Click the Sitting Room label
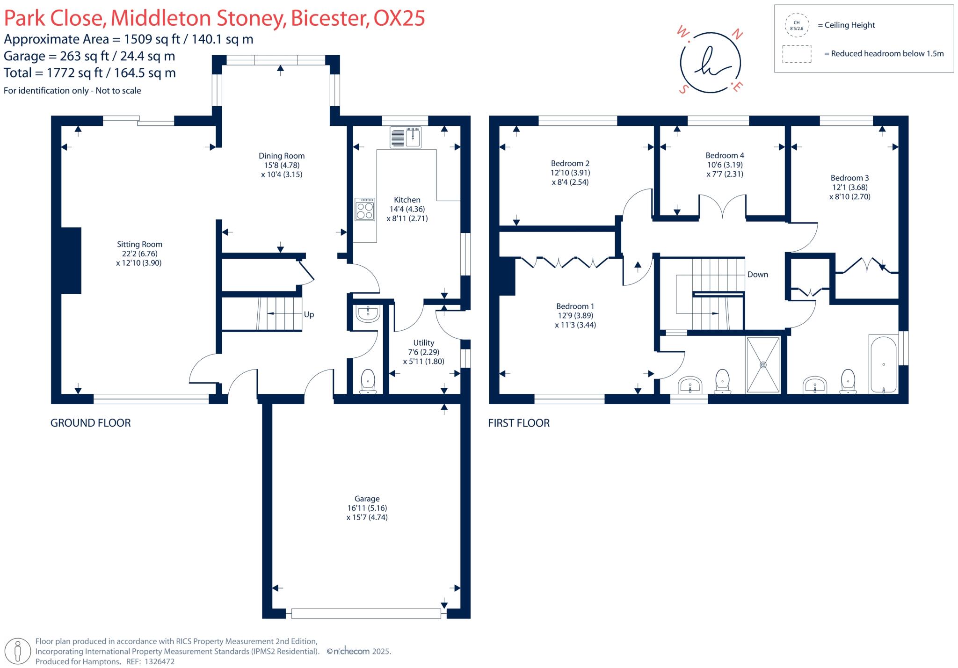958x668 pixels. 139,244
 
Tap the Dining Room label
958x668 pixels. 282,156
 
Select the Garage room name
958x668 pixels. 367,499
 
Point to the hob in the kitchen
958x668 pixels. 365,209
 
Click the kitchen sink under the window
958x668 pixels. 406,137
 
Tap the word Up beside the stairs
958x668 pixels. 309,315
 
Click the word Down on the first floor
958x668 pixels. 758,275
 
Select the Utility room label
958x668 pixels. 424,343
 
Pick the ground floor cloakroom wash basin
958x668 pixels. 368,313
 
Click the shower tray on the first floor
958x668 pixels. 763,365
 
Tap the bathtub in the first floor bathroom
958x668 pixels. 883,364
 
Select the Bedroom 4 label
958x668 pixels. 725,155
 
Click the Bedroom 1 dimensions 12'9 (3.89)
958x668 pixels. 575,316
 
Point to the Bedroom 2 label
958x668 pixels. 570,163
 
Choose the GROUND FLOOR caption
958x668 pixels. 91,423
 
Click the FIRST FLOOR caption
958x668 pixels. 519,423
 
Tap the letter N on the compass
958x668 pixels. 737,34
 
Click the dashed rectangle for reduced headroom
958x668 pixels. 797,54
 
